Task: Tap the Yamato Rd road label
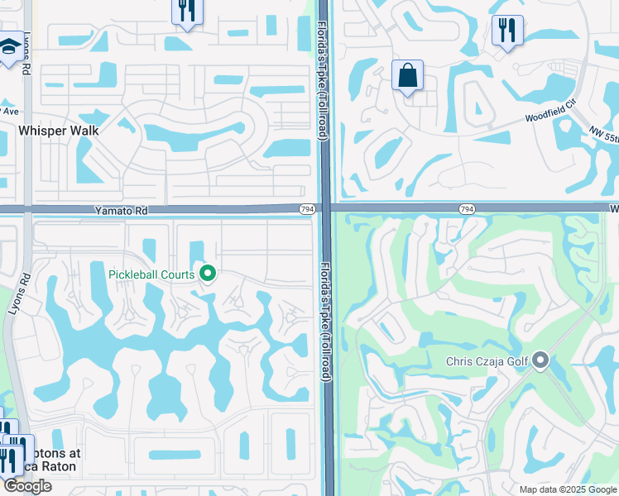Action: pyautogui.click(x=121, y=212)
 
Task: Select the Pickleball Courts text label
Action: pyautogui.click(x=151, y=274)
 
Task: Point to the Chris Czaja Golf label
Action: pyautogui.click(x=487, y=360)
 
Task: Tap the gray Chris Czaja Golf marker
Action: pyautogui.click(x=541, y=360)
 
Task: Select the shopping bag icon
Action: pyautogui.click(x=407, y=76)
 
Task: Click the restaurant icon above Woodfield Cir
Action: pyautogui.click(x=506, y=31)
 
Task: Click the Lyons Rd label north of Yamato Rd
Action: pyautogui.click(x=25, y=57)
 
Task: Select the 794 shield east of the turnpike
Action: pyautogui.click(x=467, y=210)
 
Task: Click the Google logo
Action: pyautogui.click(x=27, y=486)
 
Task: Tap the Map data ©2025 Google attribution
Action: pyautogui.click(x=567, y=489)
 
